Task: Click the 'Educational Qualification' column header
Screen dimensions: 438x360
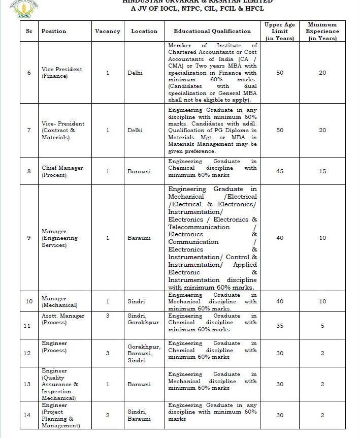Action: (212, 31)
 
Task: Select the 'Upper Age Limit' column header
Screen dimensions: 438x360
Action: (280, 31)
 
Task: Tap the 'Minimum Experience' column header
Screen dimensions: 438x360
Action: (322, 31)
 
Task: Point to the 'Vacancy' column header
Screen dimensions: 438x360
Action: (108, 31)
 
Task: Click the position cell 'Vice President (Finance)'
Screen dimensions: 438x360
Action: (61, 73)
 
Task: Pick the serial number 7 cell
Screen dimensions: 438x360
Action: (29, 131)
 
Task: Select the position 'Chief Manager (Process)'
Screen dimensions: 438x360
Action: (62, 171)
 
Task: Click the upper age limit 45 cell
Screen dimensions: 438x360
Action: (280, 171)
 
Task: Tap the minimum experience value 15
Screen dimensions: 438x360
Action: (322, 171)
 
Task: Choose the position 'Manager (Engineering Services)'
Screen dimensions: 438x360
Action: (60, 238)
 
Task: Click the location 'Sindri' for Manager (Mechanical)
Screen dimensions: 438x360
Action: (136, 301)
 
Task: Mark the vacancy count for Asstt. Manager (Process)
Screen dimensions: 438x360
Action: (108, 316)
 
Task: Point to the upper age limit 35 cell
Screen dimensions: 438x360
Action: (280, 326)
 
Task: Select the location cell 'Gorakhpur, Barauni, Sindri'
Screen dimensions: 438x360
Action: (144, 353)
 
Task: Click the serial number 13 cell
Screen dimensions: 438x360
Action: (29, 384)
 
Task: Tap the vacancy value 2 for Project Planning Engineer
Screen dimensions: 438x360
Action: (108, 415)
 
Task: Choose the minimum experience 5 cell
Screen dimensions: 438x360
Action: (322, 326)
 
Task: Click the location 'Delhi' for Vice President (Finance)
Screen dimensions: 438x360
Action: (136, 73)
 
